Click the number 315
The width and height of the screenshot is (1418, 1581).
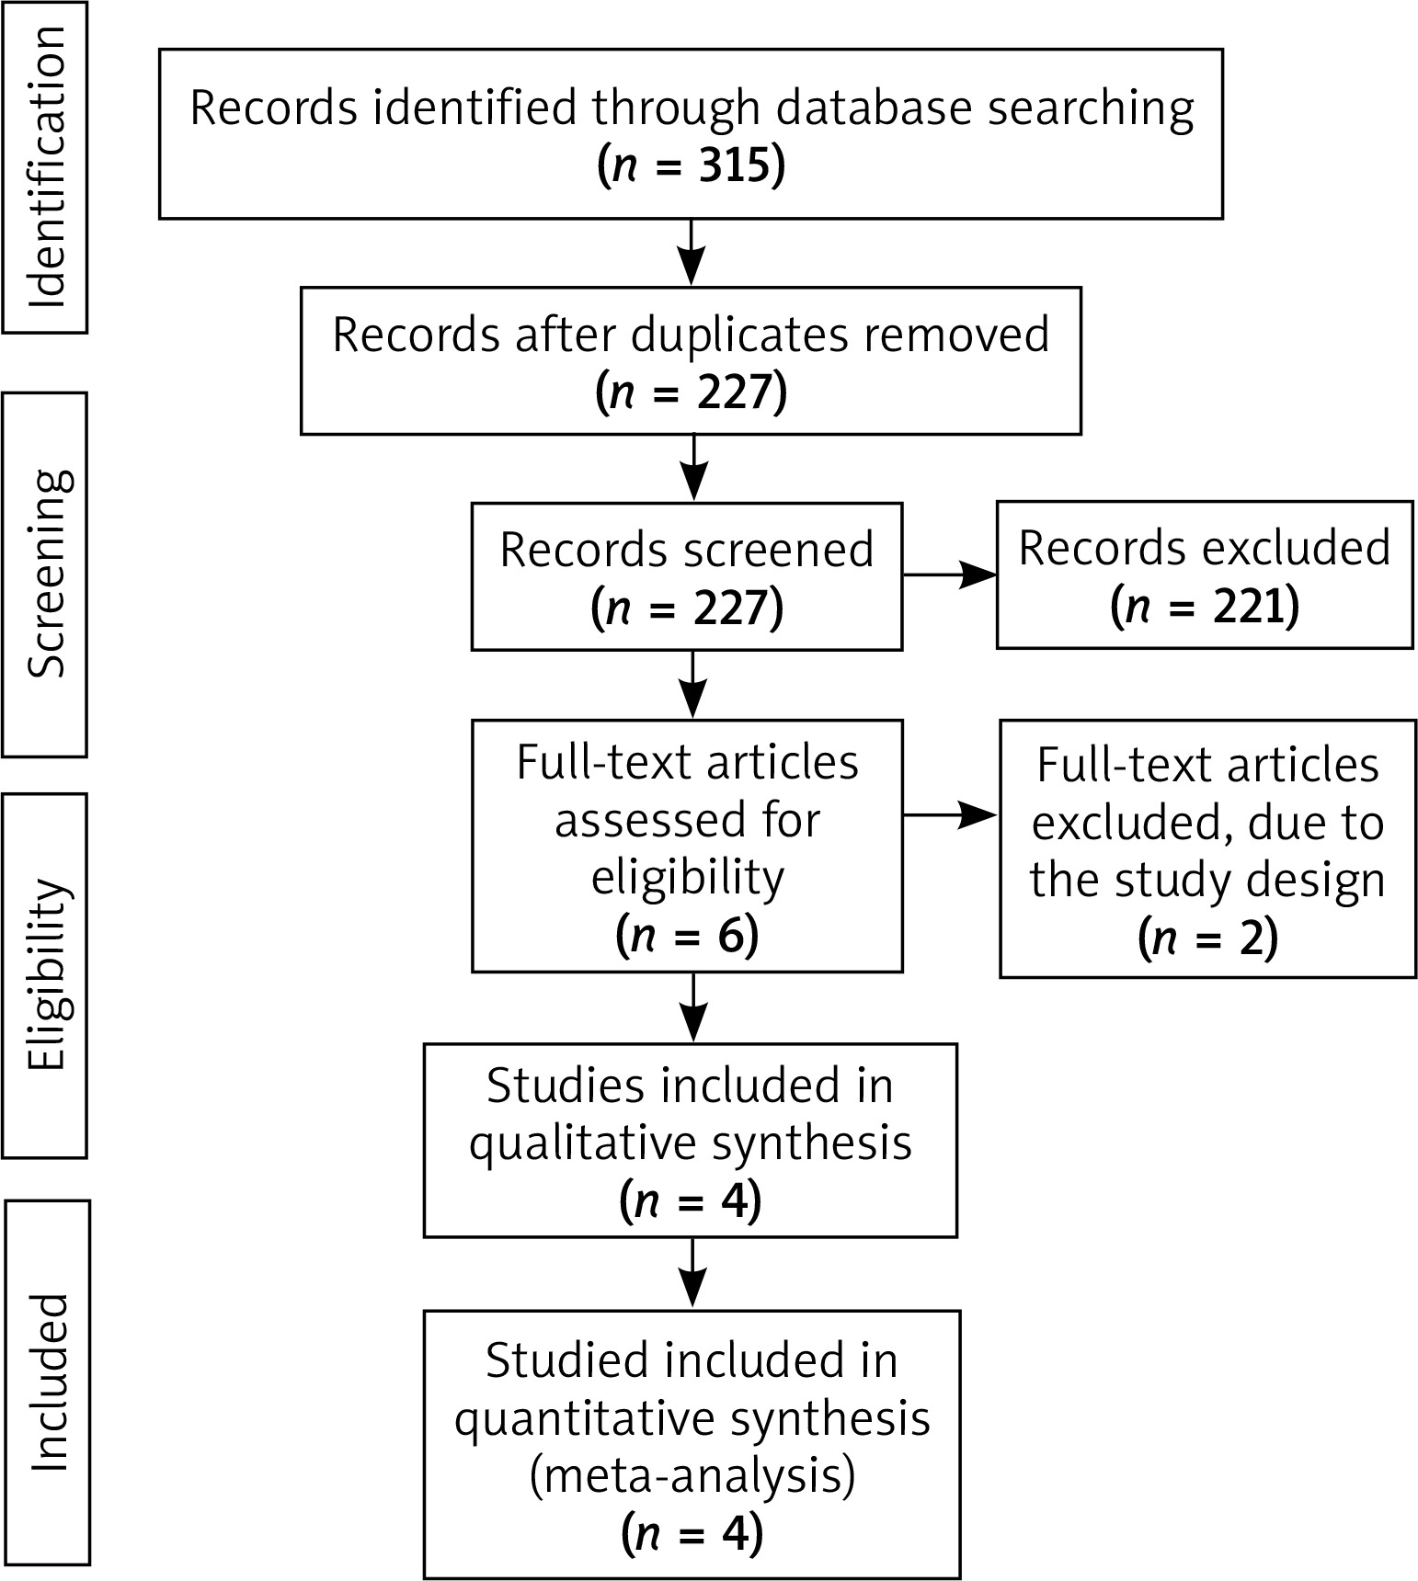point(733,167)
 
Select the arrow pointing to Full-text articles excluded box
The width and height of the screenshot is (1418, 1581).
point(951,814)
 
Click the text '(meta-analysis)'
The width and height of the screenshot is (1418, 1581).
point(692,1475)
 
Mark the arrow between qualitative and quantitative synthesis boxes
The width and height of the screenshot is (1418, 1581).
point(692,1273)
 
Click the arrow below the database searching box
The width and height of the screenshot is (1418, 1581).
point(691,253)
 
